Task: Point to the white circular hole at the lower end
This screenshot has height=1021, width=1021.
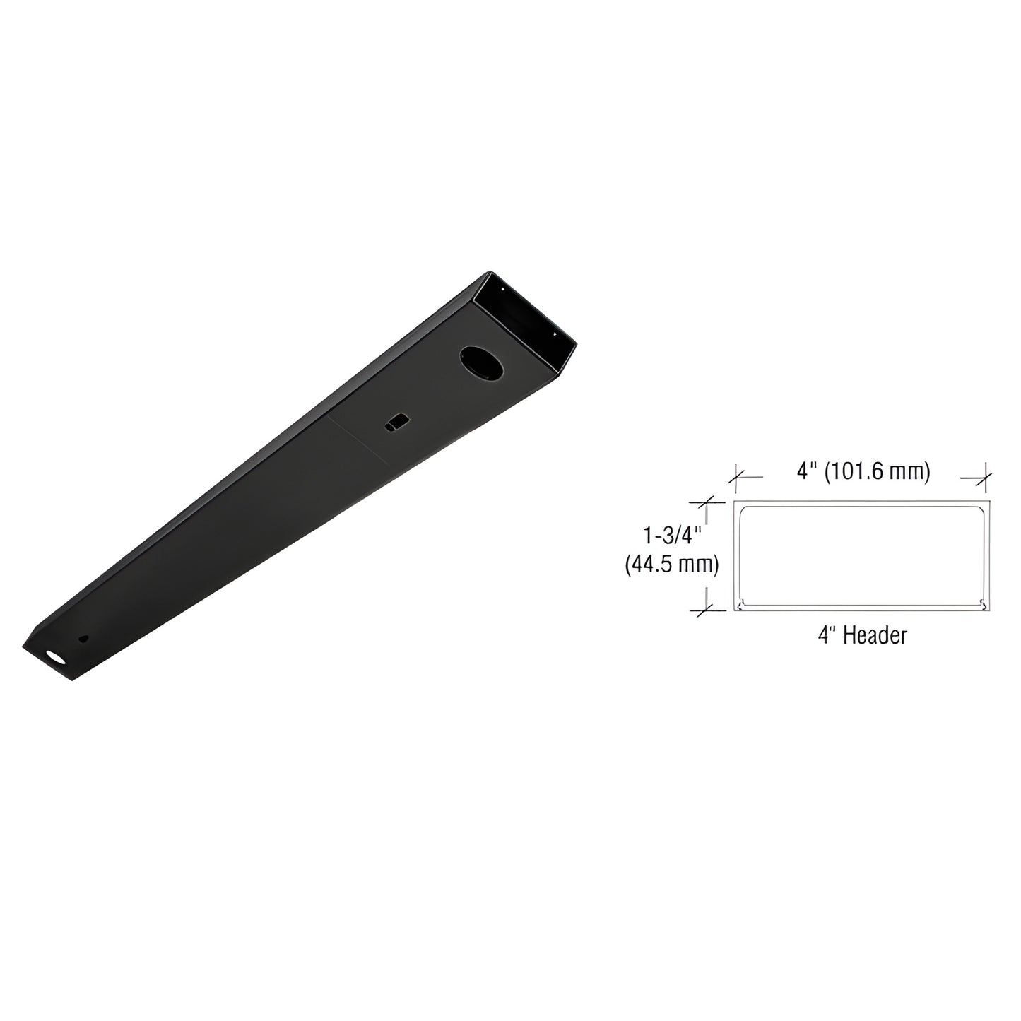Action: click(54, 658)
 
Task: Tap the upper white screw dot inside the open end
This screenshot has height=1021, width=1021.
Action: click(501, 289)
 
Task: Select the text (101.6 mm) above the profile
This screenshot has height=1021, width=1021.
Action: click(882, 471)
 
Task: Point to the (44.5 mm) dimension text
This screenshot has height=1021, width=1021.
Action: click(671, 565)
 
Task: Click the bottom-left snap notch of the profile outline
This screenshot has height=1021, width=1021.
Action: click(740, 604)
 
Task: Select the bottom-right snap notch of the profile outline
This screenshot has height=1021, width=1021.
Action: click(981, 604)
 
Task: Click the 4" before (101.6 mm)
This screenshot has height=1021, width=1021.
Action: click(807, 471)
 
